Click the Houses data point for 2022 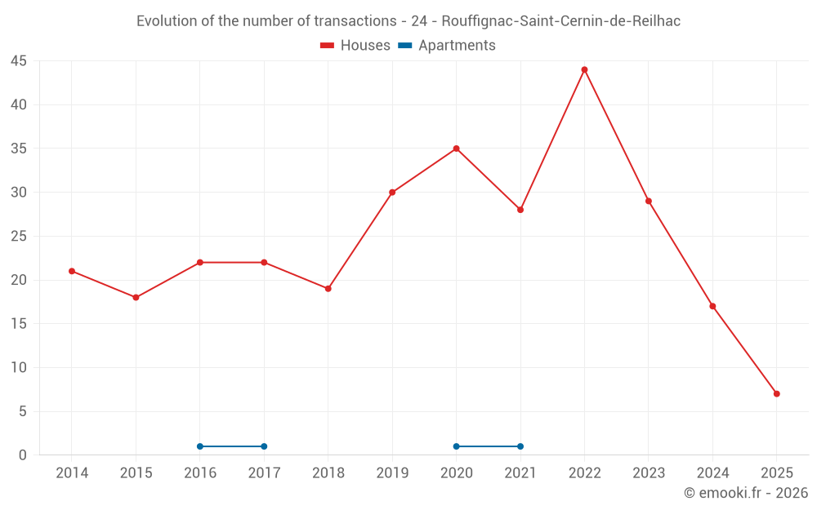(x=584, y=69)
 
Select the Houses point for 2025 (x=777, y=393)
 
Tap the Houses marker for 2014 (x=72, y=271)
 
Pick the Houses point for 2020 (x=456, y=149)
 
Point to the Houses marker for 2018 (x=328, y=288)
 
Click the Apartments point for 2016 (x=200, y=446)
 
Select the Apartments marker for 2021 (x=520, y=446)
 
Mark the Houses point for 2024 (x=712, y=306)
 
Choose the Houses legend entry (x=355, y=46)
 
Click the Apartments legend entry (x=447, y=46)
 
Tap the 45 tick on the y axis (x=19, y=61)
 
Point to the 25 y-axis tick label (x=19, y=237)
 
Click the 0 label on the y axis (x=23, y=455)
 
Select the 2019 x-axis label (x=392, y=473)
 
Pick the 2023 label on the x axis (x=649, y=473)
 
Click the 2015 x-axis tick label (x=136, y=473)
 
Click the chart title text (x=408, y=21)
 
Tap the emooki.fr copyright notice (x=746, y=493)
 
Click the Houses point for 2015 (x=136, y=297)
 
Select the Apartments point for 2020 (x=456, y=446)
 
